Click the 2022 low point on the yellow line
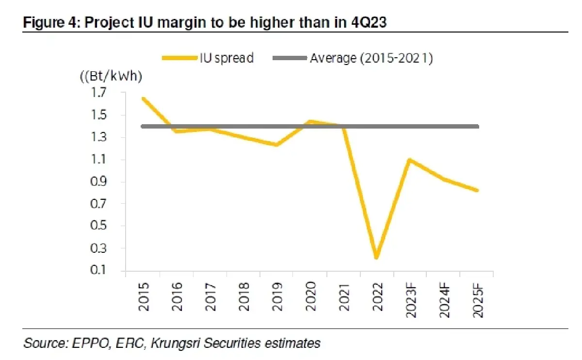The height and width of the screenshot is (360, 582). (x=376, y=257)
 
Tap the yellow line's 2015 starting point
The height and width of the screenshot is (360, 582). (x=143, y=98)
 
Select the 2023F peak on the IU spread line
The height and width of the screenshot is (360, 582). (x=409, y=159)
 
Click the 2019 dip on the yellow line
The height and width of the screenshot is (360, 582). (x=276, y=145)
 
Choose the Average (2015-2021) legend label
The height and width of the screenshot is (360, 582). (x=372, y=58)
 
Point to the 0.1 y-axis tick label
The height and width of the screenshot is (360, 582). (x=98, y=270)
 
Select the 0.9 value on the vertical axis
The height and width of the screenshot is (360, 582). (x=98, y=181)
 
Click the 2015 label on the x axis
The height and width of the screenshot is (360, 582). (x=144, y=297)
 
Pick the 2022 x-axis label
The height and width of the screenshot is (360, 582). (x=378, y=297)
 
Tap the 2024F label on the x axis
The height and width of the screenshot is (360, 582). (x=444, y=300)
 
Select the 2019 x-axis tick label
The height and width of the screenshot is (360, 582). (x=277, y=297)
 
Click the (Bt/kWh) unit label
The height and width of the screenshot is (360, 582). (x=111, y=76)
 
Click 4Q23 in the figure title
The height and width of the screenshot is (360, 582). (x=369, y=22)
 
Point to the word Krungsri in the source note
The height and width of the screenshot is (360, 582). (x=176, y=343)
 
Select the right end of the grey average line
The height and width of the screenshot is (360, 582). (x=478, y=127)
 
